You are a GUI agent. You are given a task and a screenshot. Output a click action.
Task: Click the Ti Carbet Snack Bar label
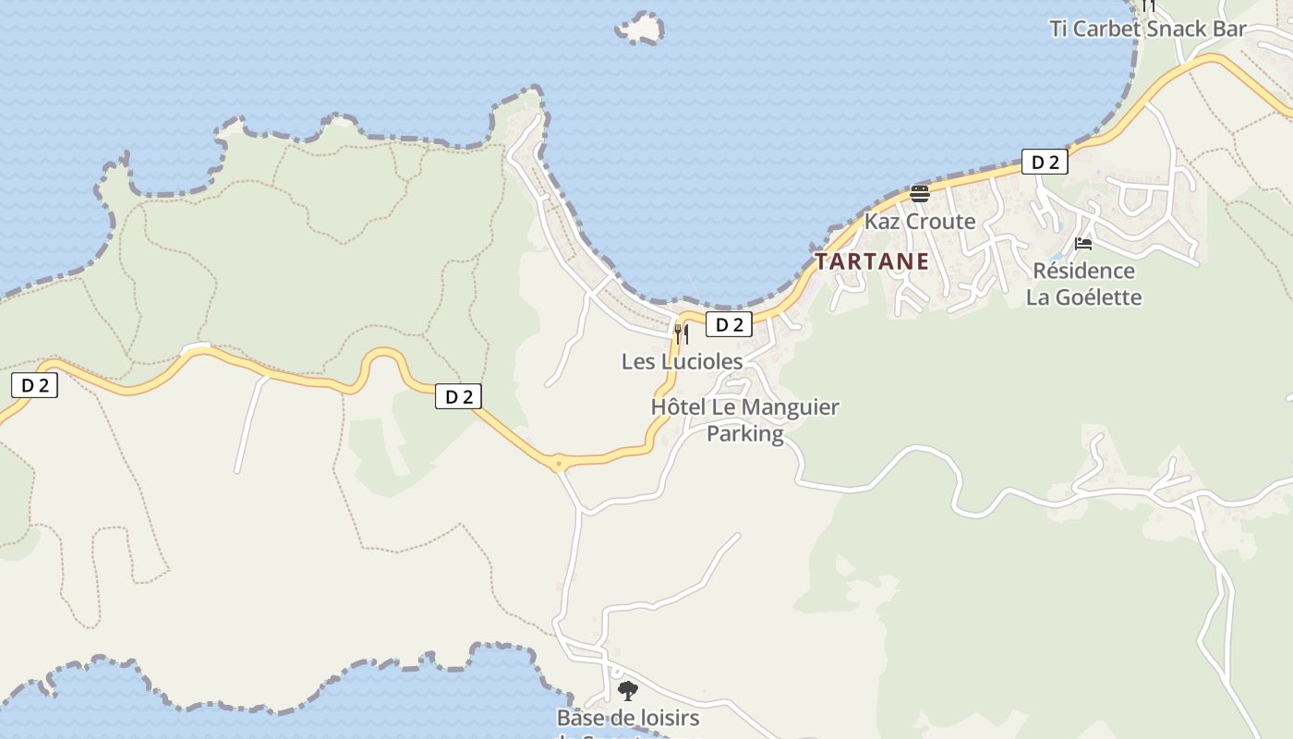[1148, 29]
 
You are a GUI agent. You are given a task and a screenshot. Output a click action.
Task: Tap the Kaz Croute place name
[919, 222]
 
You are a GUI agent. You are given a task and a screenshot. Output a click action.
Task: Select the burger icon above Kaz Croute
[919, 193]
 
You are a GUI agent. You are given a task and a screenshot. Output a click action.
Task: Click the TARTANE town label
[871, 261]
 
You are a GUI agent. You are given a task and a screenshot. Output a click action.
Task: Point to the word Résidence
[1083, 271]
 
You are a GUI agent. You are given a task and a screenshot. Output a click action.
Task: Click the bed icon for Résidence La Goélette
[1083, 244]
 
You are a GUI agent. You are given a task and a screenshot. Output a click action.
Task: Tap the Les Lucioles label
[682, 361]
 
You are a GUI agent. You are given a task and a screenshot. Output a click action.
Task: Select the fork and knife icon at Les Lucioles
[682, 333]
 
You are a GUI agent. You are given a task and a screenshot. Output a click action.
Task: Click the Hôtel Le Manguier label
[744, 407]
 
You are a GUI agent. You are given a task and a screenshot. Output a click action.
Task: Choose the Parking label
[744, 433]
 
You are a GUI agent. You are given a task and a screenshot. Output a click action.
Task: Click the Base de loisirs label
[627, 718]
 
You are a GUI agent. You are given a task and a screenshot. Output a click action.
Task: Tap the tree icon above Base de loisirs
[627, 690]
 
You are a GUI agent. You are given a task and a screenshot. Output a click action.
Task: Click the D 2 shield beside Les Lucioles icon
[729, 324]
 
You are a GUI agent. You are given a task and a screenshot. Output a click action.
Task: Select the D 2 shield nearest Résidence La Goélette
[1045, 163]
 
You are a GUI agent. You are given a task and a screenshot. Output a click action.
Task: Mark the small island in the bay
[640, 29]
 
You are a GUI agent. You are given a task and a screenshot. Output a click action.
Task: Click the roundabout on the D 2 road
[558, 463]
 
